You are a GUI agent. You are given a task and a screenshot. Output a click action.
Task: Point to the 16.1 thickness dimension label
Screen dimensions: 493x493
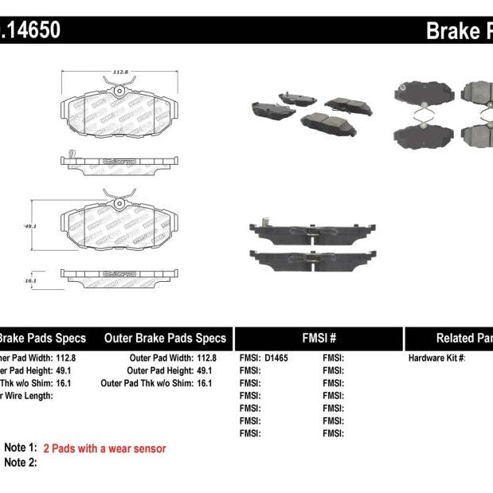coord(30,281)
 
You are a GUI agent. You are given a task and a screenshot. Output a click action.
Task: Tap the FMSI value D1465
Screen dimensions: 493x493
coord(276,358)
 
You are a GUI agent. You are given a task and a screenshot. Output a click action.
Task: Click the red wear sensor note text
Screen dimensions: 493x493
coord(104,448)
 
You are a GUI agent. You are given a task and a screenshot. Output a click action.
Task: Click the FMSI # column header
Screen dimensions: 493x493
coord(319,338)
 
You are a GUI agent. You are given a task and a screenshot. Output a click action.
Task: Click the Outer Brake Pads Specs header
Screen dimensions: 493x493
coord(165,338)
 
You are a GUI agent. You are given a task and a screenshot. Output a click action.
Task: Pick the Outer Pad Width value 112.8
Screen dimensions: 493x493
coord(206,358)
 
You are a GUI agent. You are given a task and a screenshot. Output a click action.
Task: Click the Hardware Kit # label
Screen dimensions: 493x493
coord(436,358)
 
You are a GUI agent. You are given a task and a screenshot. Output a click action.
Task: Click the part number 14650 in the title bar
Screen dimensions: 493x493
coord(32,31)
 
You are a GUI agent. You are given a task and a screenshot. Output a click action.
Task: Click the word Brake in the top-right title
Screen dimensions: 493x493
coord(452,31)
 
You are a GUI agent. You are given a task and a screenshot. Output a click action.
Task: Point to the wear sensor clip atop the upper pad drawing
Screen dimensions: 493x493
coord(118,90)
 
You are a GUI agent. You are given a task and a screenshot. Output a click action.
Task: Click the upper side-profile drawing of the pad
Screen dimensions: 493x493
coord(118,161)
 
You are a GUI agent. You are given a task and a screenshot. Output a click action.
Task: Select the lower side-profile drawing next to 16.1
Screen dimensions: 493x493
coord(118,274)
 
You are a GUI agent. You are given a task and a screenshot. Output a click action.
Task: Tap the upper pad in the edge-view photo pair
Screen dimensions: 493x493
coord(310,232)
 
